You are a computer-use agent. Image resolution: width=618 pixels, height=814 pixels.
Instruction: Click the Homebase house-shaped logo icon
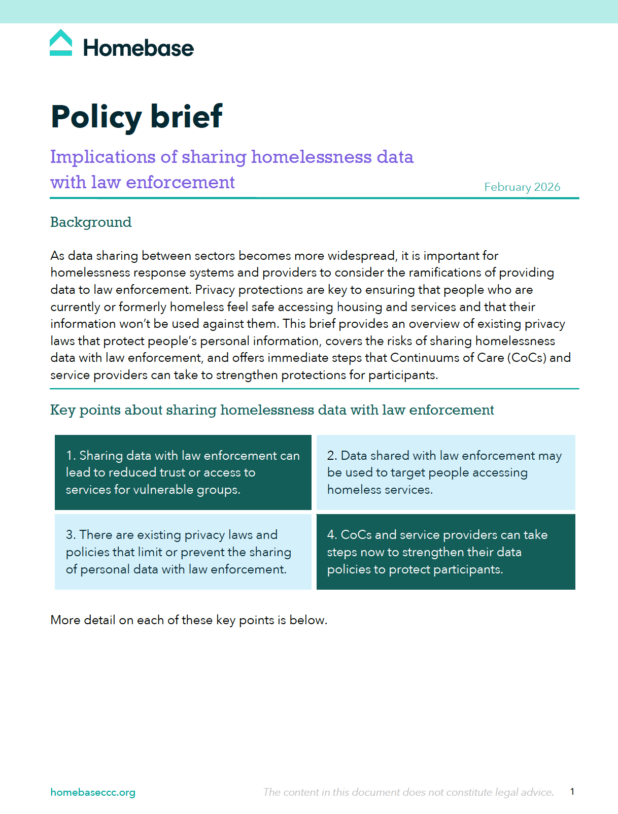point(61,43)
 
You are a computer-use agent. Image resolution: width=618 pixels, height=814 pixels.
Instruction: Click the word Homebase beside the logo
point(138,48)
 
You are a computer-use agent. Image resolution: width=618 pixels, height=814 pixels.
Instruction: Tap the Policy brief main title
point(136,117)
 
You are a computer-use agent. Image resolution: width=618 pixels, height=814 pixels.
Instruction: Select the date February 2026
point(522,187)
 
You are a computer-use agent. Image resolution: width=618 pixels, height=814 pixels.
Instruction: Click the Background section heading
point(91,222)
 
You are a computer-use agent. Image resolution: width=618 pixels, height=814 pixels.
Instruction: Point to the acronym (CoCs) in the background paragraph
point(527,358)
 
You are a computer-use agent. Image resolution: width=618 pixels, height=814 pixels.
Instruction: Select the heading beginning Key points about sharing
point(272,410)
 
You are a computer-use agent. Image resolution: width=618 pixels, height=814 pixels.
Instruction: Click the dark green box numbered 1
point(183,472)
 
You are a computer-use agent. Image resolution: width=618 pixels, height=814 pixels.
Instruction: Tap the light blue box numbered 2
point(445,472)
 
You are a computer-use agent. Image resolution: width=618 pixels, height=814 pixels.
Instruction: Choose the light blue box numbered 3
point(183,552)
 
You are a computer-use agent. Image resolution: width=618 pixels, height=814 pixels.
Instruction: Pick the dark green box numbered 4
point(445,552)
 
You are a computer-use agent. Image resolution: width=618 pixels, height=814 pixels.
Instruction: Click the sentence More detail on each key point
point(189,620)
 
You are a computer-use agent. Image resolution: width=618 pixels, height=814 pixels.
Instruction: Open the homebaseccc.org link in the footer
point(93,792)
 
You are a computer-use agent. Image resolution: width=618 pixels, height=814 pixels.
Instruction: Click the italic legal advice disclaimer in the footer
point(408,792)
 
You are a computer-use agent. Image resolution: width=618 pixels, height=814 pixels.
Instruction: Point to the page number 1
point(572,792)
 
